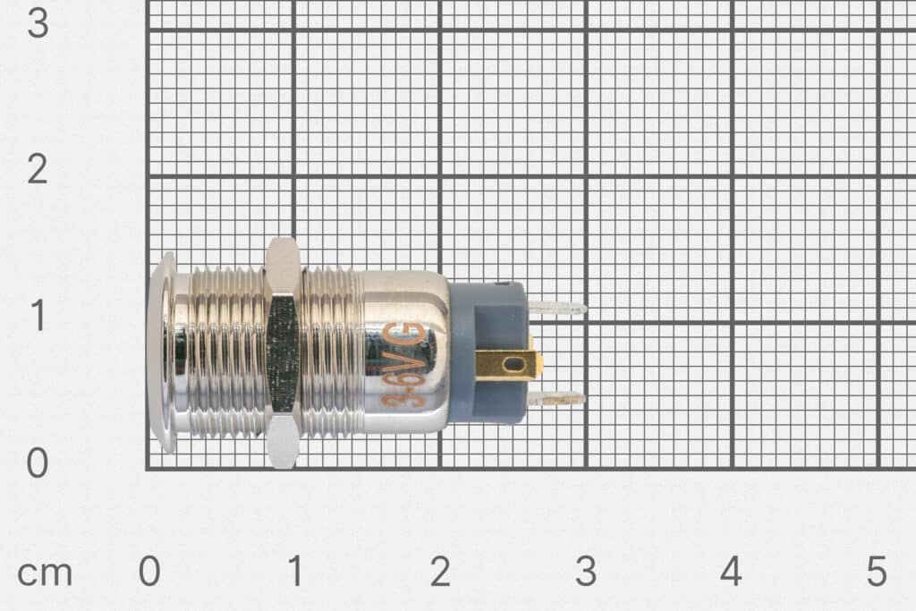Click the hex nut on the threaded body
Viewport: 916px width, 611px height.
(x=283, y=353)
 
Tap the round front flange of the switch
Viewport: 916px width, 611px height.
(x=162, y=352)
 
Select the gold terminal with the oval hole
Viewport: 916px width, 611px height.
(x=507, y=365)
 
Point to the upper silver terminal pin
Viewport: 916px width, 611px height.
(x=556, y=309)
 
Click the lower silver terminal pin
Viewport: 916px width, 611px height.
(x=556, y=398)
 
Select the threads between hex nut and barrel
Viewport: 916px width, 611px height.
(x=332, y=352)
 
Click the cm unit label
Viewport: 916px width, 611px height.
(x=45, y=573)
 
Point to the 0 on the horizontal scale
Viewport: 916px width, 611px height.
(x=149, y=573)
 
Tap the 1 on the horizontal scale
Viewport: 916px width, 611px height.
(x=294, y=573)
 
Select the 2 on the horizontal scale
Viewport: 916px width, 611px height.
(x=439, y=573)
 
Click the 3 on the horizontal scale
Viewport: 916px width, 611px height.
(x=585, y=573)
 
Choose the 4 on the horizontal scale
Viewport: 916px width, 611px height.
(x=731, y=573)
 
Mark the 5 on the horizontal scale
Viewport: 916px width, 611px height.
(x=877, y=573)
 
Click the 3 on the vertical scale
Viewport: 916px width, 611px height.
(x=38, y=23)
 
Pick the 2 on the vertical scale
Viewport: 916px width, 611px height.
(x=38, y=170)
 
